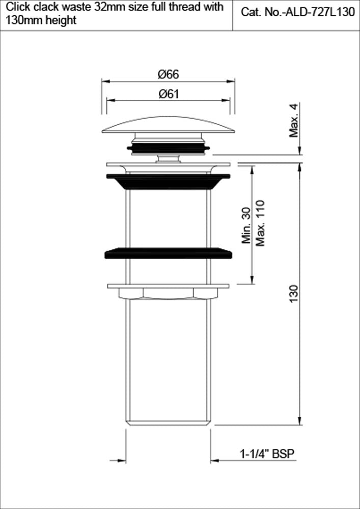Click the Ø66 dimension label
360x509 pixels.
[168, 74]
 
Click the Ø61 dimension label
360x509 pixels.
[168, 94]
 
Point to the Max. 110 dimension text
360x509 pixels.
[261, 223]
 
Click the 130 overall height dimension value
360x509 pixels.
[294, 294]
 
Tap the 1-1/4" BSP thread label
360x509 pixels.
[267, 454]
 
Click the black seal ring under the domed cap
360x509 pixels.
[168, 148]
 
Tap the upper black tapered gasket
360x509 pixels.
[168, 181]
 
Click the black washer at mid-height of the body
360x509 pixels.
[168, 253]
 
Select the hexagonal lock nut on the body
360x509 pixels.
[168, 293]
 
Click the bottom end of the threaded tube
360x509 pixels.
[168, 421]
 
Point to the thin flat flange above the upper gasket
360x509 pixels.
[168, 164]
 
